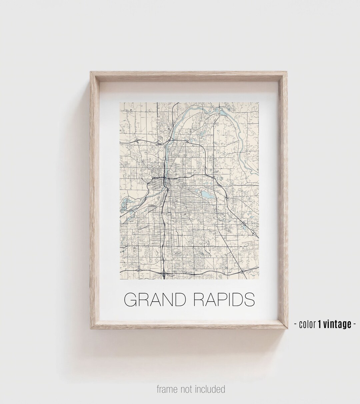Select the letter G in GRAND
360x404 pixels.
[131, 300]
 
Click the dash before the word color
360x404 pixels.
[296, 324]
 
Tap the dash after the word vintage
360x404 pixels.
[354, 324]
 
